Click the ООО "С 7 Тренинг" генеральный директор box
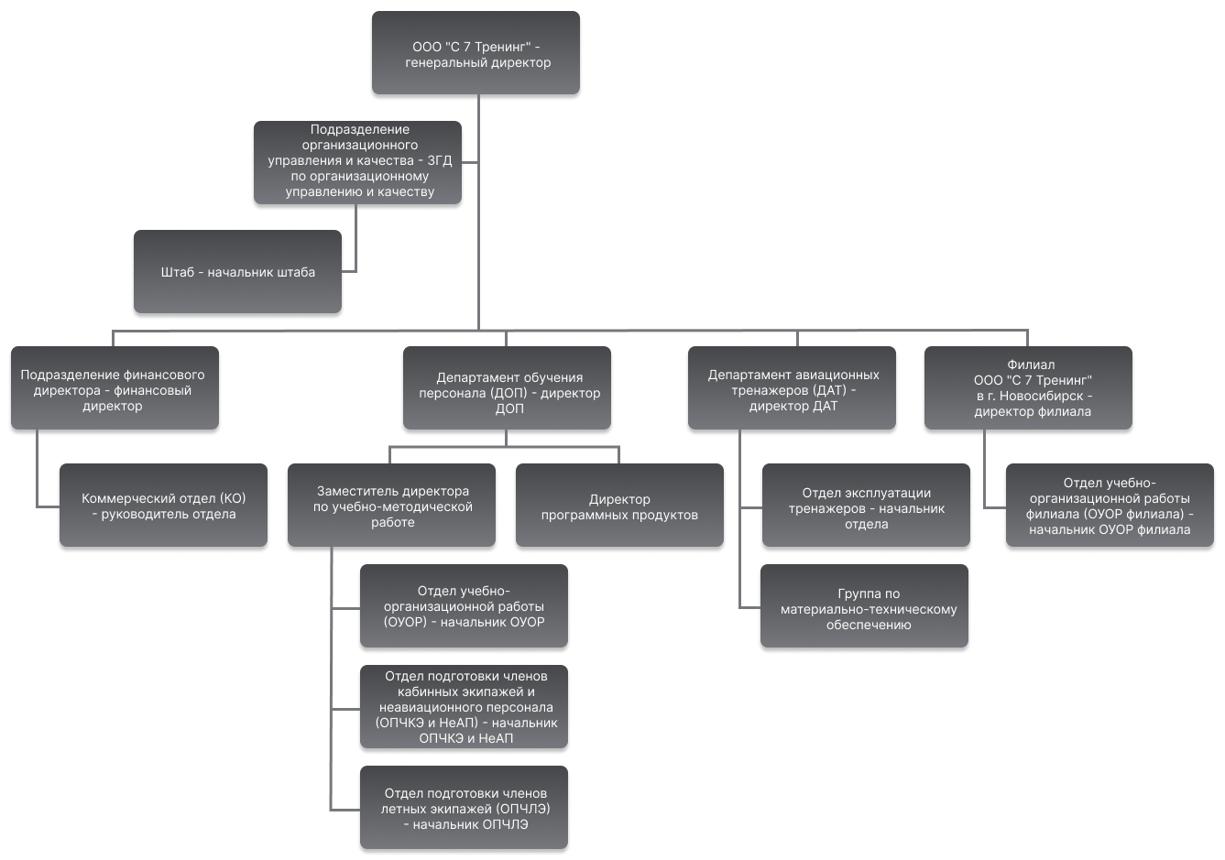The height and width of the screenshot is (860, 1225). (476, 52)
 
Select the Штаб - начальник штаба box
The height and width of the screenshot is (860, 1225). (238, 272)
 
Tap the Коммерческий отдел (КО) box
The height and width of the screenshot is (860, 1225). (163, 506)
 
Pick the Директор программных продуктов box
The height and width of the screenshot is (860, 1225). (619, 506)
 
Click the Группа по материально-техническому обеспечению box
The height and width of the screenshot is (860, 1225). (864, 605)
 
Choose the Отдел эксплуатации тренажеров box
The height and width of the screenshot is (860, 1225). (866, 506)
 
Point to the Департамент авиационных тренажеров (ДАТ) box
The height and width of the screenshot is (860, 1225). (792, 387)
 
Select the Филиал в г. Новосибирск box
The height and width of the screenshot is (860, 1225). (1028, 387)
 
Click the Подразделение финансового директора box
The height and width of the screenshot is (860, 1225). (115, 387)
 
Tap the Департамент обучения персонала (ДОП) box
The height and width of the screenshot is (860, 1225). (507, 387)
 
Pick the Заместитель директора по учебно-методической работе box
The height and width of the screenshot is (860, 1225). (391, 506)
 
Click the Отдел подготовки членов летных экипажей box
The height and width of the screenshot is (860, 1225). (464, 808)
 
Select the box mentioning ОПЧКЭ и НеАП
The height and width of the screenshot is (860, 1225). (464, 706)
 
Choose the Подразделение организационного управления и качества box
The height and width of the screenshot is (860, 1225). (357, 162)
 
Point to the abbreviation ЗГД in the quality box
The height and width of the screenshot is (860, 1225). (439, 161)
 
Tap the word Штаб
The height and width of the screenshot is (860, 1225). (177, 272)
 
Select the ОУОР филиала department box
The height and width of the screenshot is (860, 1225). (1110, 506)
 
